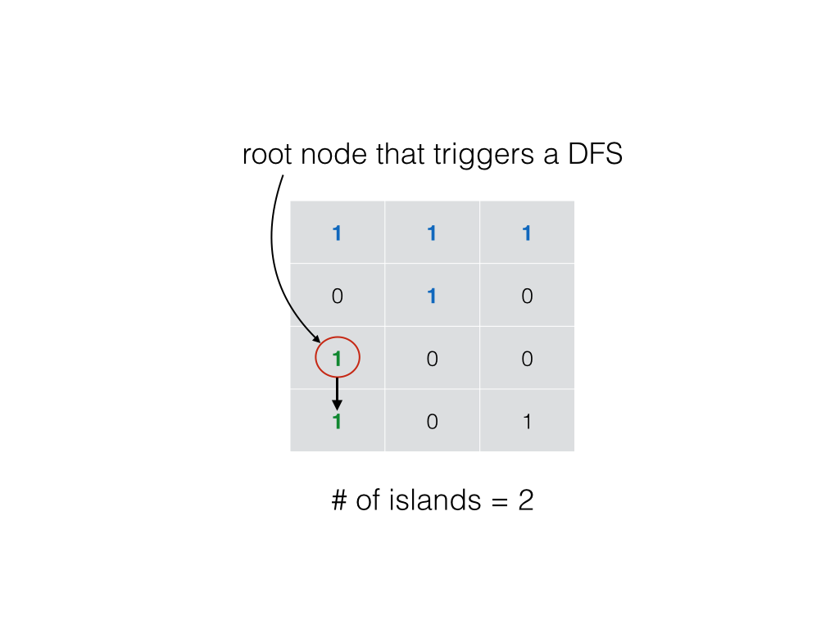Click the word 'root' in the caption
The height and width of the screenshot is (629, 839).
point(268,155)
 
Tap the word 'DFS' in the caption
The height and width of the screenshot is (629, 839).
point(595,154)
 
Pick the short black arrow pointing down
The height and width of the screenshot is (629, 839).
point(337,394)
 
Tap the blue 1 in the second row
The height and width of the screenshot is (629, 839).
point(432,296)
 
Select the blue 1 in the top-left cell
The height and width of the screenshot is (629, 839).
point(337,233)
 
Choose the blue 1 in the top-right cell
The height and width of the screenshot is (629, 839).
point(527,233)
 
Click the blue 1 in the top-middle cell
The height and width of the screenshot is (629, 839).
point(432,233)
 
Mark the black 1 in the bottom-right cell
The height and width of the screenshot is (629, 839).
point(527,422)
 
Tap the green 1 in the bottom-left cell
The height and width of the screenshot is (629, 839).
point(337,422)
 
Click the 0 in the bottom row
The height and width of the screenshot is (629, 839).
point(433,422)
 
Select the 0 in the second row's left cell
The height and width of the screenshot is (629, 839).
point(337,296)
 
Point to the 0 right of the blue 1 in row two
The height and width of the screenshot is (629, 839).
point(527,296)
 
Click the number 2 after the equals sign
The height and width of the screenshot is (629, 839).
point(526,500)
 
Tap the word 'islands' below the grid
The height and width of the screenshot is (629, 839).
point(435,500)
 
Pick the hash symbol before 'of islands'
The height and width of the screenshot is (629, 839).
point(339,500)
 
